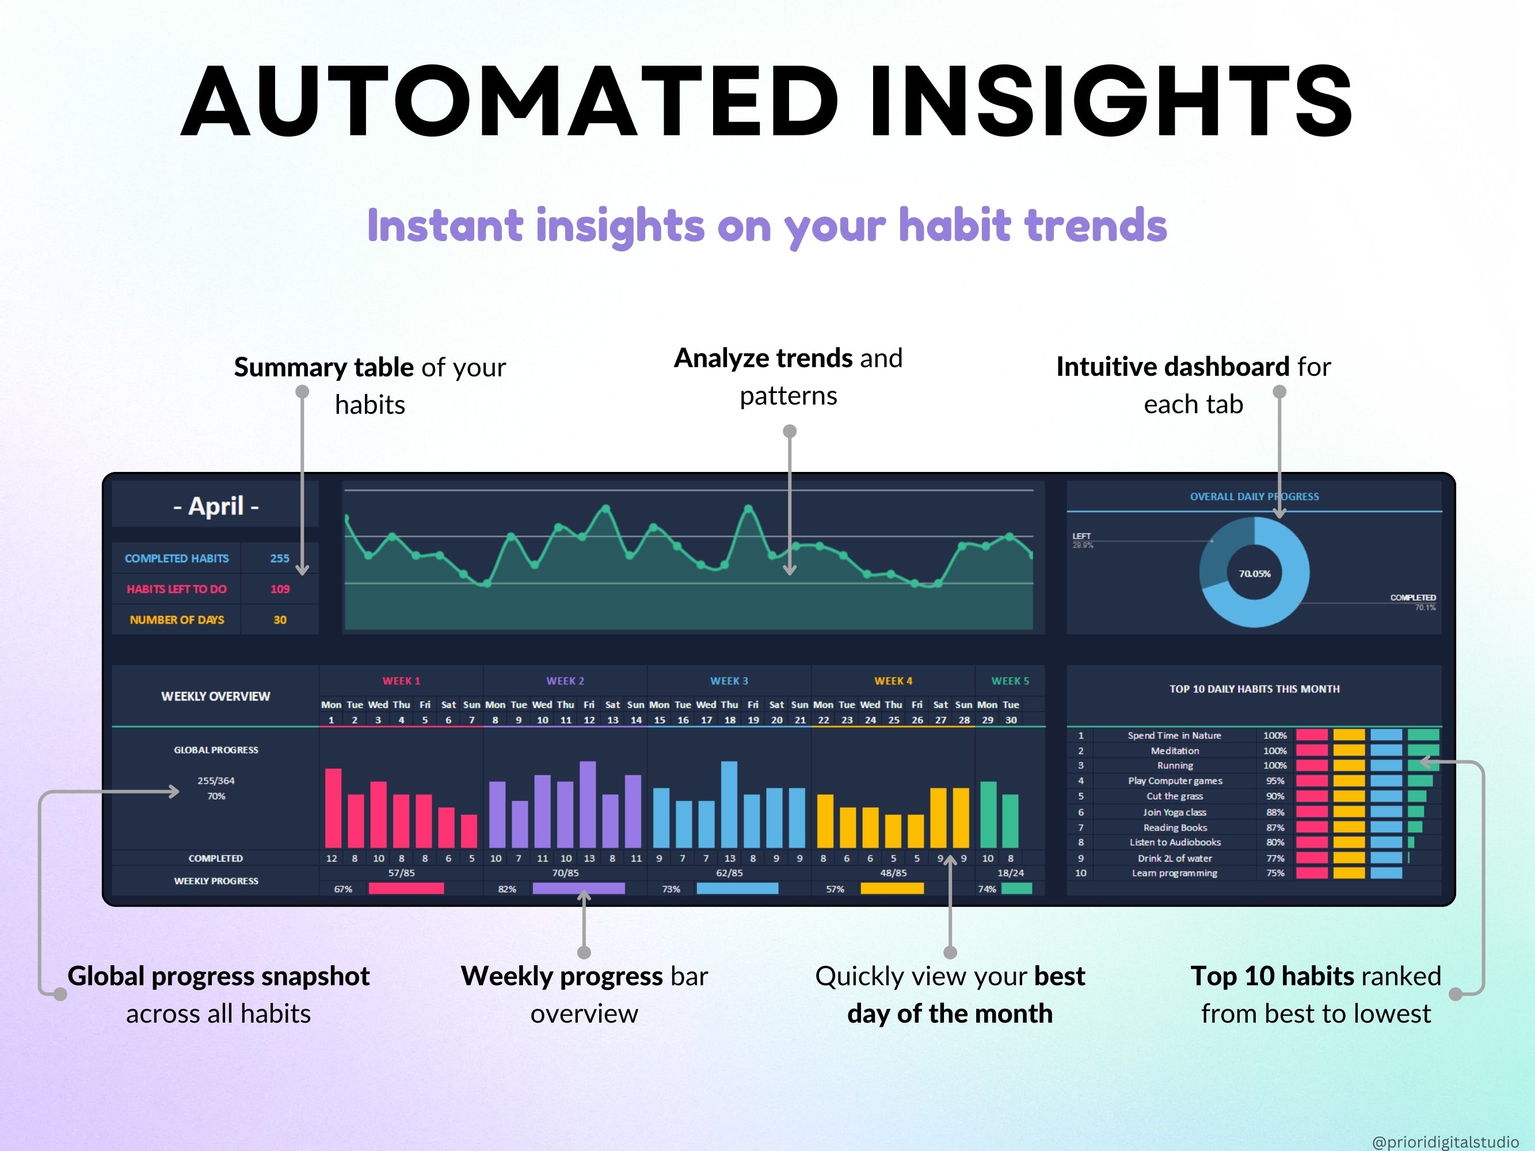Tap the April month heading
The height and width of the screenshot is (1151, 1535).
(216, 506)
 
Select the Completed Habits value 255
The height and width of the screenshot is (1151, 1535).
(280, 558)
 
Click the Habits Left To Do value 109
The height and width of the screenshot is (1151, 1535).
(280, 589)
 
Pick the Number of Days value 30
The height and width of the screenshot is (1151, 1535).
(280, 620)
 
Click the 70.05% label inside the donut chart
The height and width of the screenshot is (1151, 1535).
(1255, 574)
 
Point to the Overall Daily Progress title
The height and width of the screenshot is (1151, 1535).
(1254, 497)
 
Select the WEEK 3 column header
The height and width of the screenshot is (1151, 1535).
(729, 681)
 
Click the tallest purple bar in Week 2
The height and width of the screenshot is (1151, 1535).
(588, 805)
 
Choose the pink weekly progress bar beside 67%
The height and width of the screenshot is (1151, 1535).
(406, 889)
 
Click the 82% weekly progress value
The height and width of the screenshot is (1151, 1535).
(507, 889)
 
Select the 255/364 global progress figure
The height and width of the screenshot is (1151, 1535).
(216, 780)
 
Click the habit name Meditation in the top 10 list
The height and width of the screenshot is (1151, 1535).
(1174, 750)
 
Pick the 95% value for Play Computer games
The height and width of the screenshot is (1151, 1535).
(1275, 781)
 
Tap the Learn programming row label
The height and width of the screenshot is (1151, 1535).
(1174, 873)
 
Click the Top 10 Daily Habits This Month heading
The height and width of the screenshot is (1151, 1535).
(1254, 689)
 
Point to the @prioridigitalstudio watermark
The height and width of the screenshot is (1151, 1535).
(1445, 1141)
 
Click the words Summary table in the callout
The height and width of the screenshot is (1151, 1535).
(324, 367)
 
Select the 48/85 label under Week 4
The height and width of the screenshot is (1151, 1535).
(893, 873)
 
